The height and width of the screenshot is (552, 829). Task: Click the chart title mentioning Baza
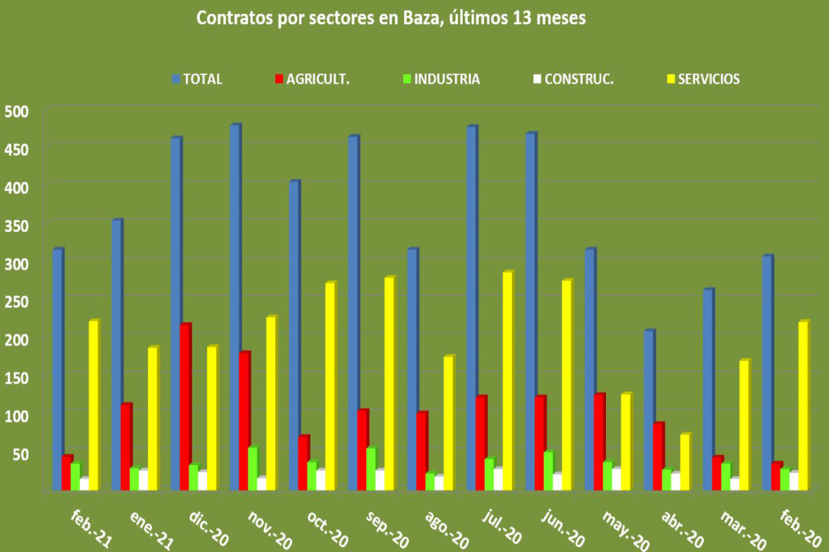coord(391,19)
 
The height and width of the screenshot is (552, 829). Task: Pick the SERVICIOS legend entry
coord(703,79)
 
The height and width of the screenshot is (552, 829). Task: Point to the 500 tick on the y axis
coord(17,110)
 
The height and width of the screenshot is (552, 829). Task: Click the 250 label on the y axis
coord(17,301)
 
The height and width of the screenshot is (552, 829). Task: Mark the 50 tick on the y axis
coord(21,453)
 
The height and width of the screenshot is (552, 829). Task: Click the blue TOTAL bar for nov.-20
coord(235,307)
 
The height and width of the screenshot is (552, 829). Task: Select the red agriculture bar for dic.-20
coord(185,407)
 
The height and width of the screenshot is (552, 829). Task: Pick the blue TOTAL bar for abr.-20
coord(649,411)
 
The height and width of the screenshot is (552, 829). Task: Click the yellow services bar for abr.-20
coord(685,462)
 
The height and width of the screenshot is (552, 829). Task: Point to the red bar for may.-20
coord(599,442)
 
